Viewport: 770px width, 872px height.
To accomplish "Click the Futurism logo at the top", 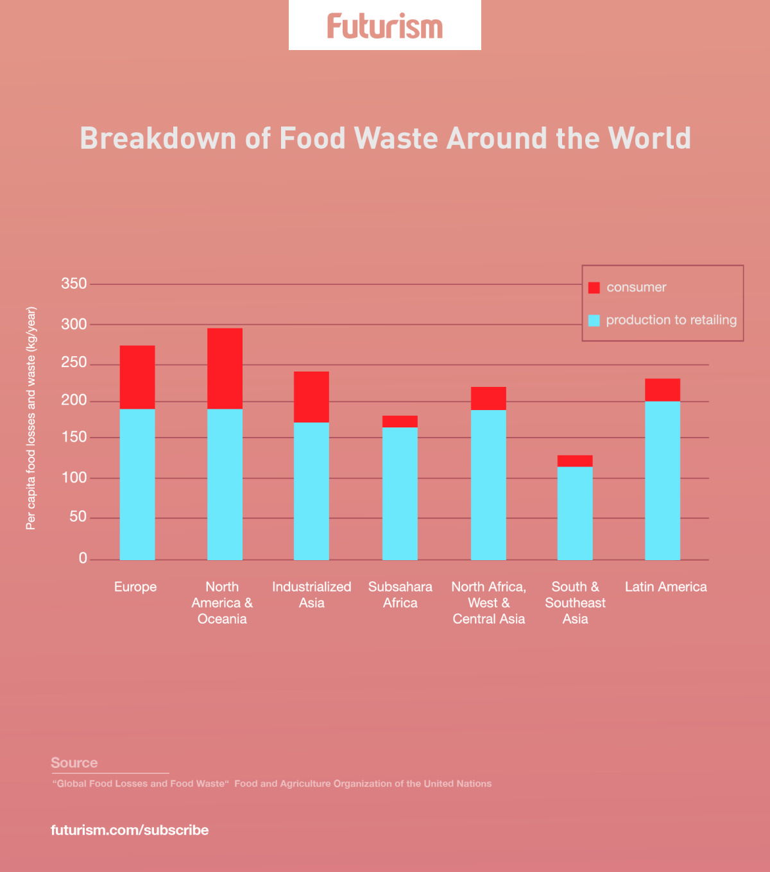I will [385, 26].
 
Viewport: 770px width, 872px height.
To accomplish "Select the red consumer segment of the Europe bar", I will [137, 377].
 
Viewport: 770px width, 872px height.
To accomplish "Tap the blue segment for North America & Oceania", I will [225, 484].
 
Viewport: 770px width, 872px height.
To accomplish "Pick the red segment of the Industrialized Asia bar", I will [311, 397].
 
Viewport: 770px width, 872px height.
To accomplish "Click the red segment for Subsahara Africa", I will [400, 422].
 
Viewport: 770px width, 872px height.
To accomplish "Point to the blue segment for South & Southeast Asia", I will [575, 513].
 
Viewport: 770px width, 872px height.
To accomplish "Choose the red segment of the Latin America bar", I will [662, 390].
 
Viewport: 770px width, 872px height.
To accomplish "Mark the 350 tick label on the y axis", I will [74, 284].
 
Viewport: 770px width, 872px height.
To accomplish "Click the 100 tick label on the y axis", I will [74, 478].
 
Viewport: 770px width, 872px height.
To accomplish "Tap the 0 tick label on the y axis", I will [83, 558].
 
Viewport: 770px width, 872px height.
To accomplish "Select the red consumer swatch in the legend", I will [594, 287].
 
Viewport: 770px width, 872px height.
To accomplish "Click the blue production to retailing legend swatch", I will [594, 320].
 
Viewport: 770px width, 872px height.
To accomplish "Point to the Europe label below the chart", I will [135, 587].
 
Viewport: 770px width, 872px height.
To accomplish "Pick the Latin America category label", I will [666, 587].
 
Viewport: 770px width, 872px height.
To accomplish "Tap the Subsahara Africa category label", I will [400, 595].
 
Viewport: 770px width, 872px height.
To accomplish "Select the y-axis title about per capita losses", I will [31, 418].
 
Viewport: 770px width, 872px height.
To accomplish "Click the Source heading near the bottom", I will [74, 763].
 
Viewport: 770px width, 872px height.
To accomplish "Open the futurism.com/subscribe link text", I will [130, 830].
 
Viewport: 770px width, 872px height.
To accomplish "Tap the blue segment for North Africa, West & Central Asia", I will [488, 484].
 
